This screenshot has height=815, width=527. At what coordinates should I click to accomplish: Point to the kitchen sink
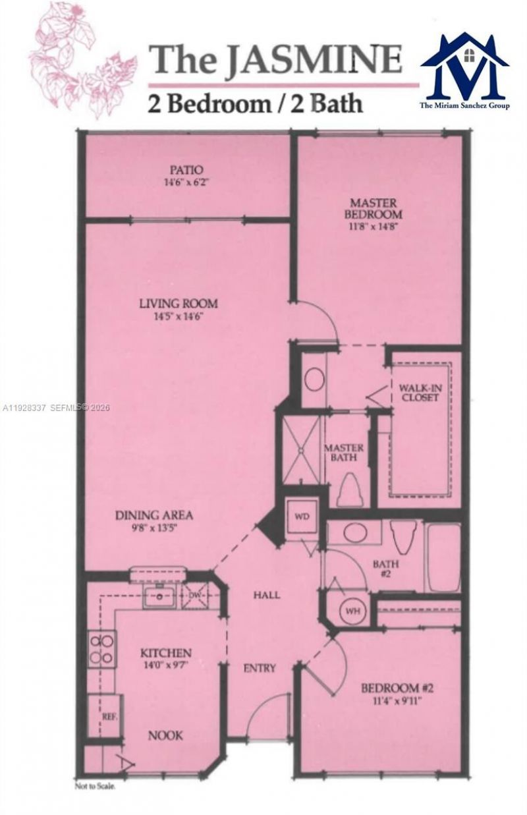(157, 597)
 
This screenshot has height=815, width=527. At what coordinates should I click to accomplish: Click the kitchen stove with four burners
(102, 649)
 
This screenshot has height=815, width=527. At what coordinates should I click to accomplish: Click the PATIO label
(188, 169)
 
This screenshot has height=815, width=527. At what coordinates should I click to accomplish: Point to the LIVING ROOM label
(178, 304)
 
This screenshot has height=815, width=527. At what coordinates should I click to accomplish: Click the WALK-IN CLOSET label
(418, 392)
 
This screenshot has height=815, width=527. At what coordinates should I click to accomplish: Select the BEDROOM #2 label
(397, 689)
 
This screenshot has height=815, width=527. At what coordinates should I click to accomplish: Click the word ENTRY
(260, 668)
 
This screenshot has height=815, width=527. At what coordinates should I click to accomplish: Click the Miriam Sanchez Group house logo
(465, 66)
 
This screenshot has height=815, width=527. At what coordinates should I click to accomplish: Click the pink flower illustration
(79, 59)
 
